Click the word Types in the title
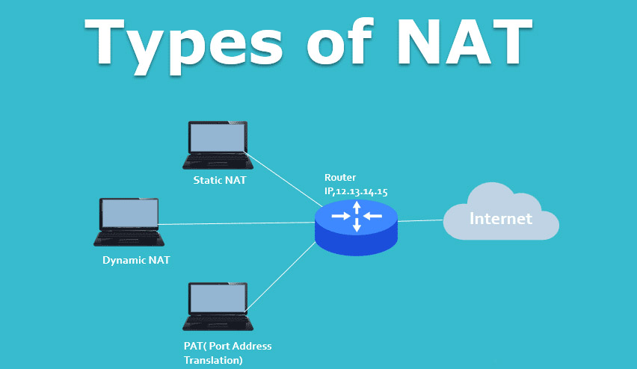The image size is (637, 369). [x=184, y=46]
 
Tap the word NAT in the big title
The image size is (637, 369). [x=465, y=41]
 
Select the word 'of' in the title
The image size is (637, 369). [x=339, y=41]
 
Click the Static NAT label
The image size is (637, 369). [x=220, y=180]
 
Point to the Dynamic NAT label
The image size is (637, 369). [x=136, y=260]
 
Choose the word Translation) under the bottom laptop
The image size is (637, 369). [x=213, y=360]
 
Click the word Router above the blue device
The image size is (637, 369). [x=340, y=177]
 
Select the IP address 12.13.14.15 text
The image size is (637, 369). [x=362, y=192]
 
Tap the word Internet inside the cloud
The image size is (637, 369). [x=500, y=219]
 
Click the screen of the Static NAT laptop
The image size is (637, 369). [x=218, y=137]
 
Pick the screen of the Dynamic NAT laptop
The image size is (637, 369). [x=129, y=214]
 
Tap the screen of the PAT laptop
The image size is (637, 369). [x=218, y=298]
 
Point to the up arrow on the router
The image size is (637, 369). [x=357, y=208]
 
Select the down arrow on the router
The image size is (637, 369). [x=357, y=225]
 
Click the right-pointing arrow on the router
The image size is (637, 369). [x=341, y=216]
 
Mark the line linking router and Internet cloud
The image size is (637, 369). [x=420, y=221]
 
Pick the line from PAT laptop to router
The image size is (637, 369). [x=280, y=277]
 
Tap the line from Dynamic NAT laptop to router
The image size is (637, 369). [x=236, y=223]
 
